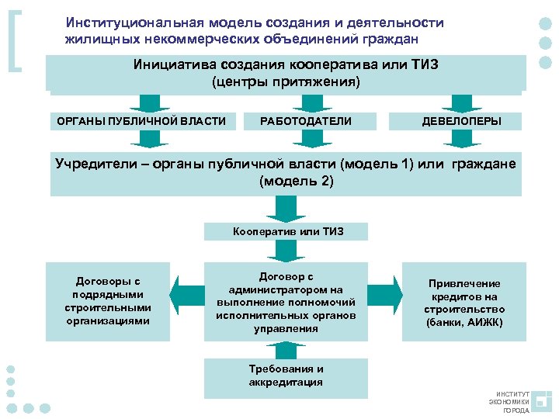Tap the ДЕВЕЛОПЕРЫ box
click(x=461, y=121)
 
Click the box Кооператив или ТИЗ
click(x=287, y=231)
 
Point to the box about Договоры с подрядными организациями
click(x=107, y=301)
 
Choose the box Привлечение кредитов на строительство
click(x=464, y=301)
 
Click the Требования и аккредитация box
click(x=286, y=376)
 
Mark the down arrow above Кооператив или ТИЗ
click(x=286, y=208)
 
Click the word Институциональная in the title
click(x=123, y=23)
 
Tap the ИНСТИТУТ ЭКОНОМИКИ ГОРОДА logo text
click(x=509, y=402)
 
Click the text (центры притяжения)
click(x=286, y=81)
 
